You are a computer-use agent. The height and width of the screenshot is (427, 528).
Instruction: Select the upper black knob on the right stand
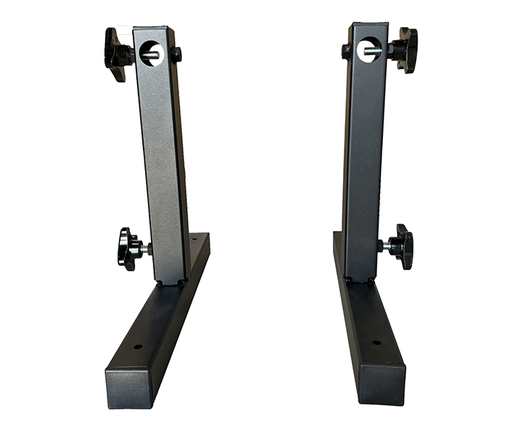pos(406,49)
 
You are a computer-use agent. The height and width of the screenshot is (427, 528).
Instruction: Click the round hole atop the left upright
pos(152,53)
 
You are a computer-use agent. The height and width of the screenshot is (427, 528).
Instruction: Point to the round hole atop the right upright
pos(367,51)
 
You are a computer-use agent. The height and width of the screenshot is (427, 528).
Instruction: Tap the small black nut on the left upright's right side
pos(178,54)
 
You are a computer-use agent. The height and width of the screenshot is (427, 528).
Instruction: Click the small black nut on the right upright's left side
pos(347,51)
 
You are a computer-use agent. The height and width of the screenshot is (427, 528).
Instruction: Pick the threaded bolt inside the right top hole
pos(371,51)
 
